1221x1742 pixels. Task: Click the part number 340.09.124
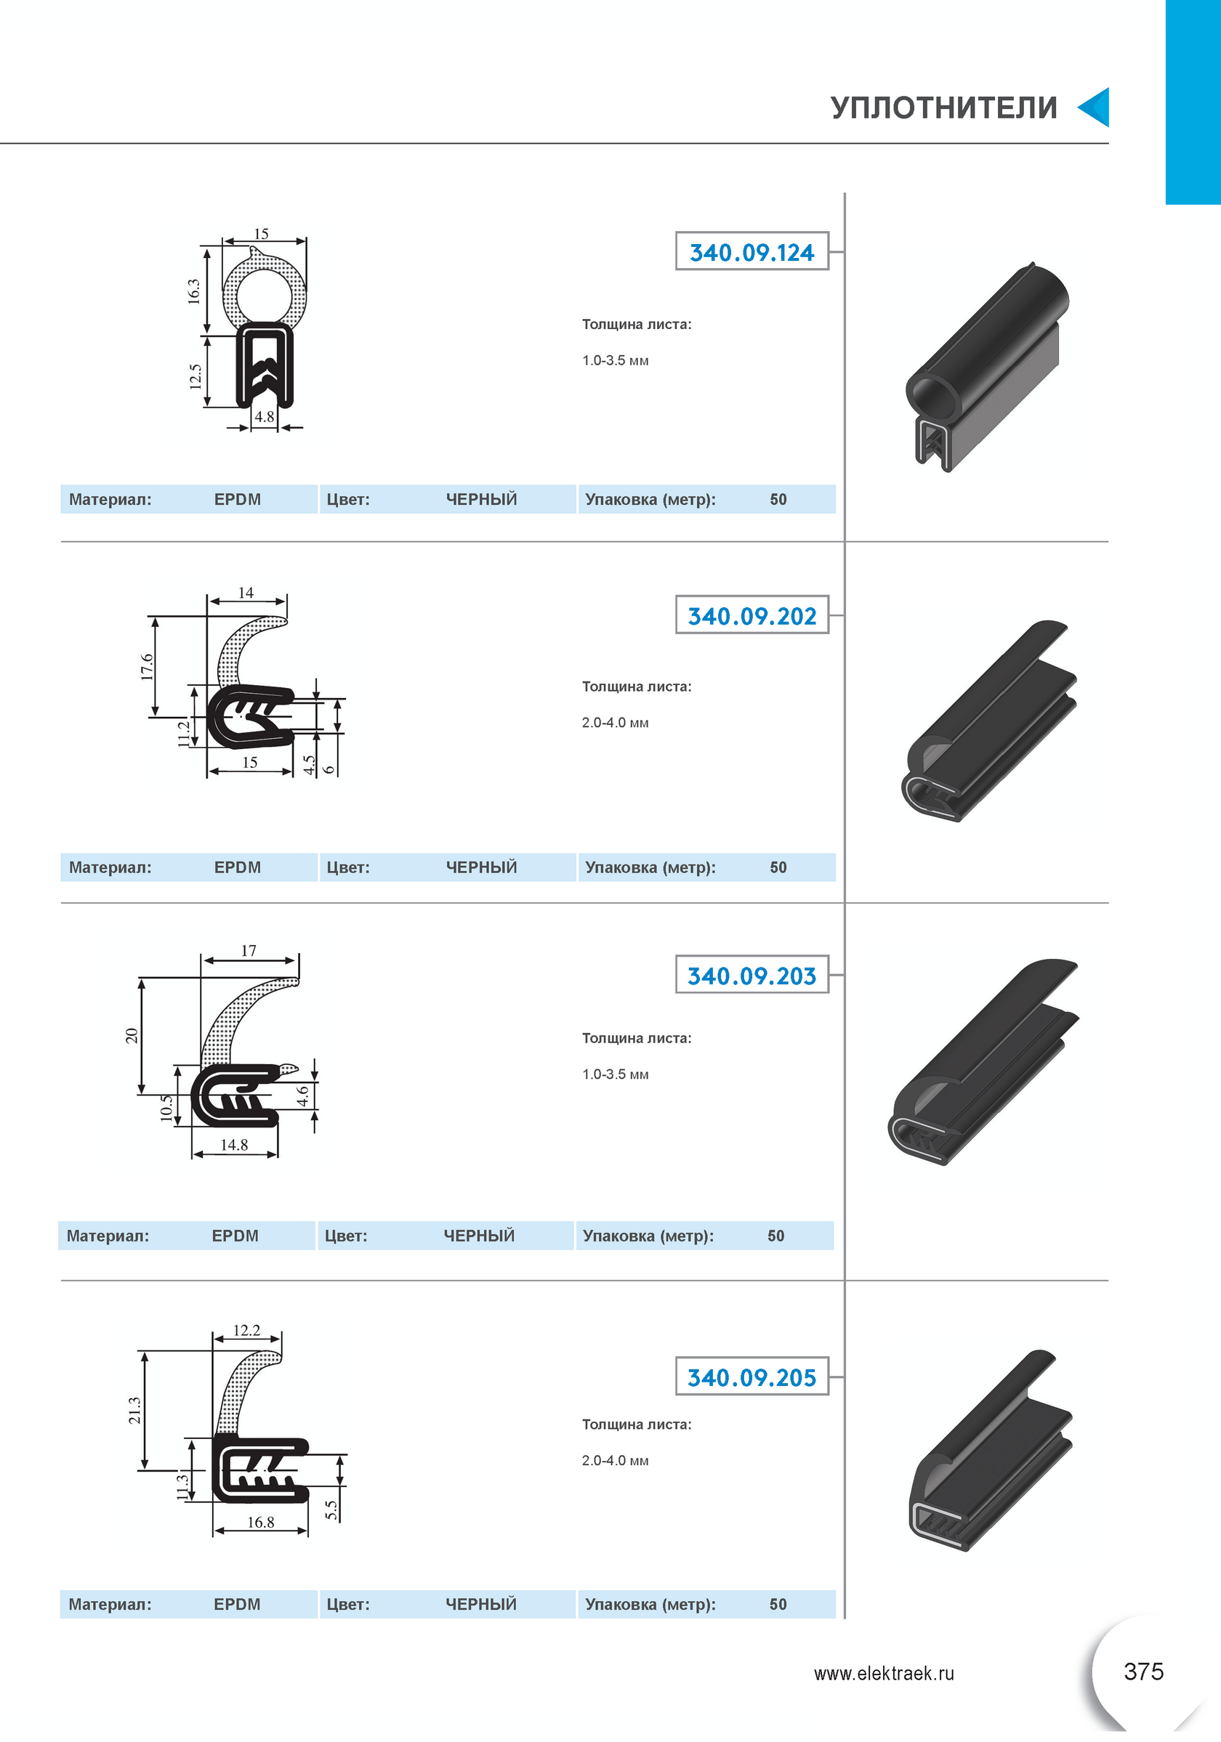(x=751, y=253)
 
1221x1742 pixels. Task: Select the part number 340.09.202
(x=751, y=616)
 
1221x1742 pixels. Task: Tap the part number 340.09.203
(x=751, y=976)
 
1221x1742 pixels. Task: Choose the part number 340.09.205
(x=751, y=1377)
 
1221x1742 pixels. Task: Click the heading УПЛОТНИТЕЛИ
(x=944, y=108)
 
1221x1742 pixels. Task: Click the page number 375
(x=1143, y=1672)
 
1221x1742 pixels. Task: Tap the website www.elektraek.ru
(x=884, y=1673)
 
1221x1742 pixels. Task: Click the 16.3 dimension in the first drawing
(x=194, y=291)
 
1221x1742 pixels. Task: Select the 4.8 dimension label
(x=264, y=416)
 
